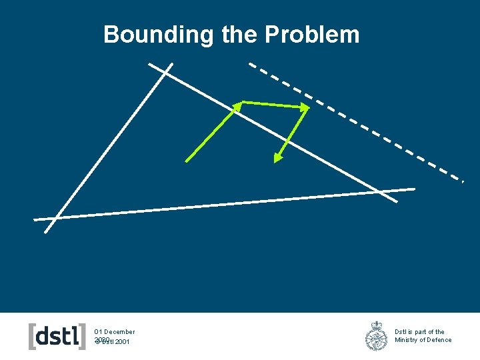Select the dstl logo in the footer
pos(57,336)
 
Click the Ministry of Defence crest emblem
pos(377,336)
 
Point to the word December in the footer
pos(119,331)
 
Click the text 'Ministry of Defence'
pos(423,340)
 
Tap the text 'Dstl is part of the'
pos(419,331)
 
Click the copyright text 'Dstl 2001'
pos(115,342)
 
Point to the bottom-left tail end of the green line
pos(186,161)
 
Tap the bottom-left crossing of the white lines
pos(53,217)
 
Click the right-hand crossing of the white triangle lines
pos(382,192)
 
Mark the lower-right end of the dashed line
pos(461,180)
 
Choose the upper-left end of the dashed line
pos(250,64)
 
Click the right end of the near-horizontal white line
pos(414,189)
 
